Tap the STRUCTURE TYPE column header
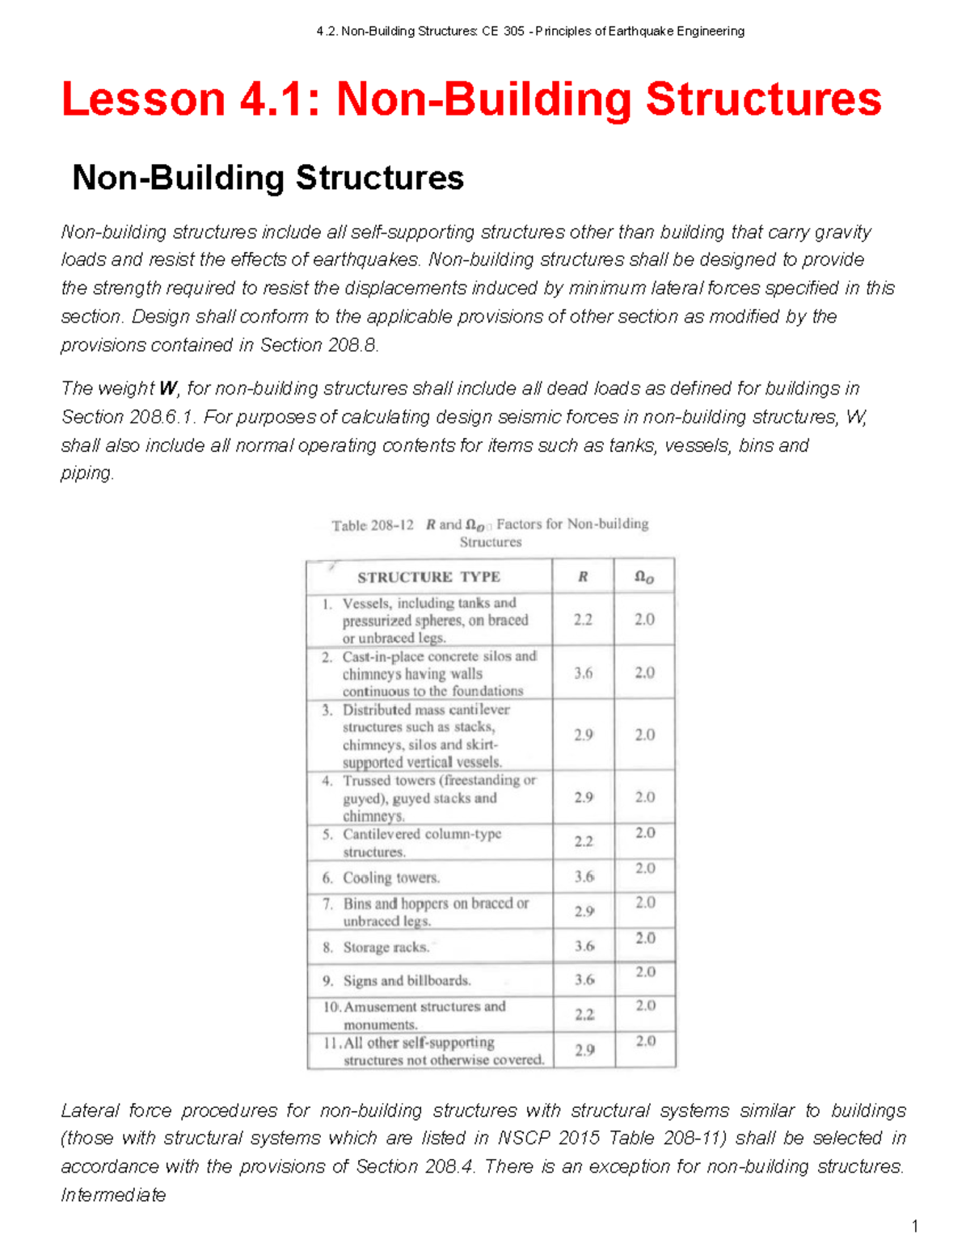click(x=428, y=577)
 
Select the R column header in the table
click(x=583, y=577)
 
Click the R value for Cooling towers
click(x=584, y=877)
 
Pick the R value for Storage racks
click(x=584, y=945)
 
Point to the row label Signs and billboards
click(x=407, y=980)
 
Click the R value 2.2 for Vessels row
click(x=583, y=620)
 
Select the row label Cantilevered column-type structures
click(x=421, y=842)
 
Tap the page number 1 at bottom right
click(x=914, y=1227)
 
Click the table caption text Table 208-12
click(x=373, y=525)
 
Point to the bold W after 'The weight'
click(x=167, y=389)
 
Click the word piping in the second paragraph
click(x=86, y=474)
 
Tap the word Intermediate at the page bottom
click(x=113, y=1195)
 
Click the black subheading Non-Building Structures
click(x=268, y=178)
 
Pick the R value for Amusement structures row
click(x=584, y=1014)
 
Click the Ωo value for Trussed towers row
click(x=644, y=797)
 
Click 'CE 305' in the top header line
click(x=502, y=32)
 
